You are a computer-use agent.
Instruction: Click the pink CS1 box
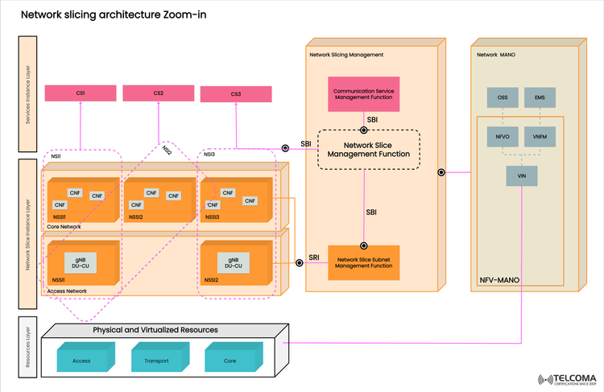click(x=81, y=93)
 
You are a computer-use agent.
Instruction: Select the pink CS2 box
click(x=159, y=93)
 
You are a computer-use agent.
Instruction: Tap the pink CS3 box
click(x=235, y=94)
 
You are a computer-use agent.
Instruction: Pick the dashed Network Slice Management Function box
click(x=368, y=149)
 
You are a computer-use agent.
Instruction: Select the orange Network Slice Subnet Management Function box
click(x=365, y=262)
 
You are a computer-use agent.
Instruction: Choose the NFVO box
click(x=503, y=138)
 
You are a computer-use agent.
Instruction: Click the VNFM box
click(x=540, y=138)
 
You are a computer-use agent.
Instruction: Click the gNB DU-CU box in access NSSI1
click(x=81, y=262)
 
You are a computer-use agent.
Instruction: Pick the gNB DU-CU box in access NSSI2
click(x=233, y=262)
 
